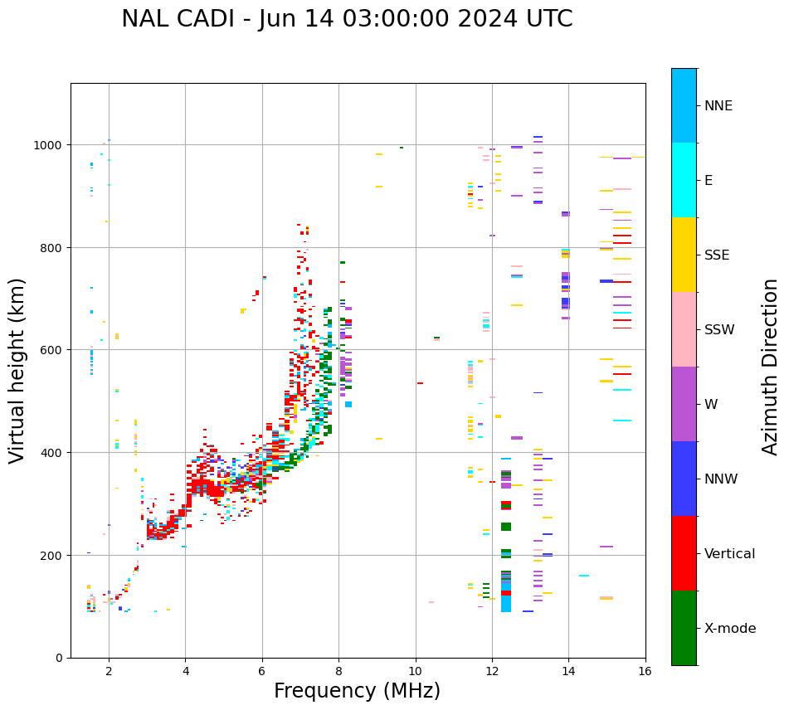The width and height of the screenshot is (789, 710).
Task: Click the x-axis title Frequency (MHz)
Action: pos(357,691)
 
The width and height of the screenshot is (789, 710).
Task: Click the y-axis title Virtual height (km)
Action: pos(17,370)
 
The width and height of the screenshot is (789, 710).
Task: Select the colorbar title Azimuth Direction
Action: pos(771,367)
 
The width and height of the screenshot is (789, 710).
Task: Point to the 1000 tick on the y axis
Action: pos(48,144)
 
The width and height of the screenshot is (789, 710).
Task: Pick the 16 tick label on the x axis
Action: pos(645,673)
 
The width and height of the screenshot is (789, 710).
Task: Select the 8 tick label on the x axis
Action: pos(338,673)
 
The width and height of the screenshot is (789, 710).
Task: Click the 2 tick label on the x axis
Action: pos(109,673)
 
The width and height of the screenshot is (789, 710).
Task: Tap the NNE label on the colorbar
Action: pos(718,105)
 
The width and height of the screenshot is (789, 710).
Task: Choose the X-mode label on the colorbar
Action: pos(730,628)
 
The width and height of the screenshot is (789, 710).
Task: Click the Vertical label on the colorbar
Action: pos(730,553)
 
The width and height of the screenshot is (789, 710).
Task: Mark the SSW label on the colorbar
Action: pos(719,329)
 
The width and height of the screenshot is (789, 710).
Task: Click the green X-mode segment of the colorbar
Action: pos(684,628)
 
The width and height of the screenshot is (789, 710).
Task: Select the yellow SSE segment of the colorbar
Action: pos(684,255)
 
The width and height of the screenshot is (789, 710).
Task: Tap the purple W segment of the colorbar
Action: pos(684,404)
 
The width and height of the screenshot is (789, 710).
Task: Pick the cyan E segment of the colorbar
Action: pos(684,180)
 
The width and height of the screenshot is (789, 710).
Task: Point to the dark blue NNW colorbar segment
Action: pos(684,479)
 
